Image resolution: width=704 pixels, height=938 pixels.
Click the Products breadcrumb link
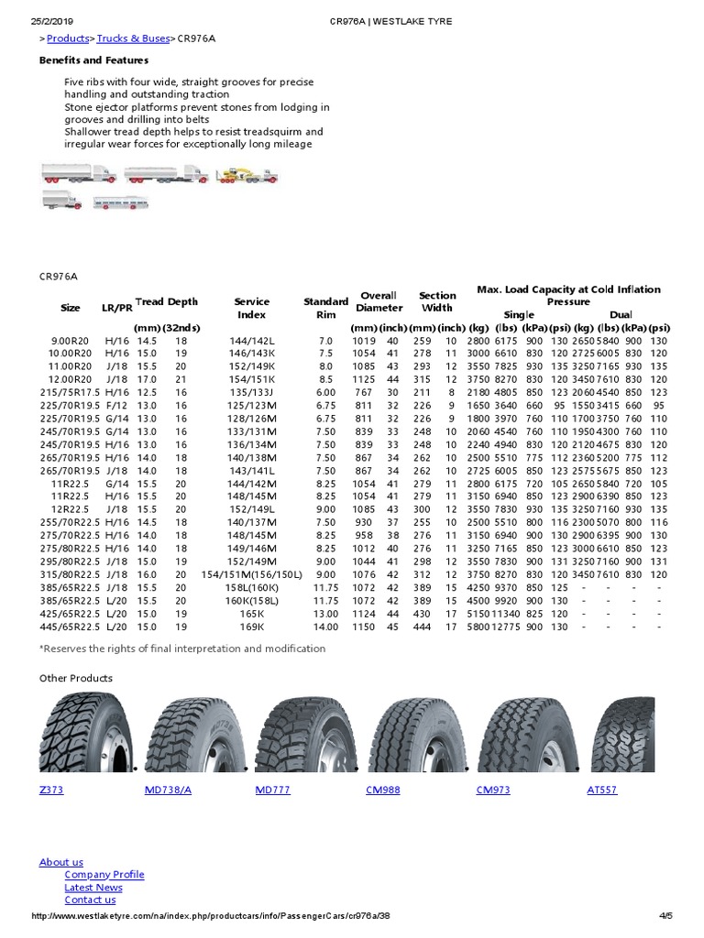pos(68,38)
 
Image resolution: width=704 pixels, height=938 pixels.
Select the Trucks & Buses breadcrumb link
pos(133,38)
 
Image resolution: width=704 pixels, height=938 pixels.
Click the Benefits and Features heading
pos(93,60)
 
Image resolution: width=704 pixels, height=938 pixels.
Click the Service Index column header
pos(251,308)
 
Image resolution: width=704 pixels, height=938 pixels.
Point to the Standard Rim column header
pos(325,308)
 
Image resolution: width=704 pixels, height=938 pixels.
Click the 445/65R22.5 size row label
pos(70,627)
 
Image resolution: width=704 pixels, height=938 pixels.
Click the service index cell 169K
pos(251,627)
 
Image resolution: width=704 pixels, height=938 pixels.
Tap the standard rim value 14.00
pos(326,627)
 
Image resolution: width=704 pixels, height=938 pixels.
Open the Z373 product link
pos(51,789)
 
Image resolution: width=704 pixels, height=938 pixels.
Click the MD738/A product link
pos(168,789)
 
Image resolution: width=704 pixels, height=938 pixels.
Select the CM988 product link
pos(382,789)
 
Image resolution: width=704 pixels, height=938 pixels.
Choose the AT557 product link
pos(601,789)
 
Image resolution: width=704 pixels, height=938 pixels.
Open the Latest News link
pos(93,888)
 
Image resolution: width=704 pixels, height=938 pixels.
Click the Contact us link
pos(90,900)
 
